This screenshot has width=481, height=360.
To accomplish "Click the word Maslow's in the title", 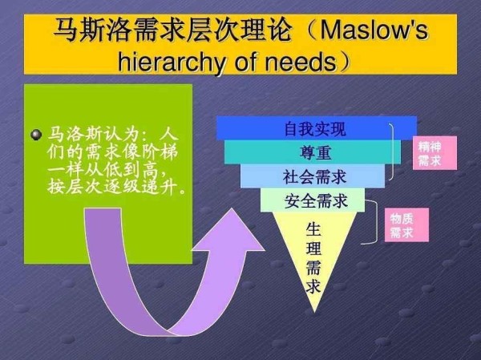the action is point(374,30).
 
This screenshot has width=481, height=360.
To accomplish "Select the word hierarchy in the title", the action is point(172,63).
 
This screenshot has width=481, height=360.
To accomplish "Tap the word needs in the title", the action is point(301,62).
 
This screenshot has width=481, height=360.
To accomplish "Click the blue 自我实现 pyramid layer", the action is point(317,128).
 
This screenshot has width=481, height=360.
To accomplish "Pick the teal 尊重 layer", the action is point(313,152).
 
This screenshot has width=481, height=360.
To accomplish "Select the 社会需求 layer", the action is point(313,176).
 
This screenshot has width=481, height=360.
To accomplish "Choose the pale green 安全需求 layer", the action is point(313,200).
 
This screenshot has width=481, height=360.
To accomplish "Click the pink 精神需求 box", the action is point(435,153).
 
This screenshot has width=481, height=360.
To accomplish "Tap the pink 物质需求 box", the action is point(406,225).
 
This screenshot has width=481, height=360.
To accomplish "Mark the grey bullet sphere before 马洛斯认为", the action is point(37,135).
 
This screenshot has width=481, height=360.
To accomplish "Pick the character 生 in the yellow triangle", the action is point(313,229).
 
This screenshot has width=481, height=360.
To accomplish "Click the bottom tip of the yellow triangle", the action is point(314,313).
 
